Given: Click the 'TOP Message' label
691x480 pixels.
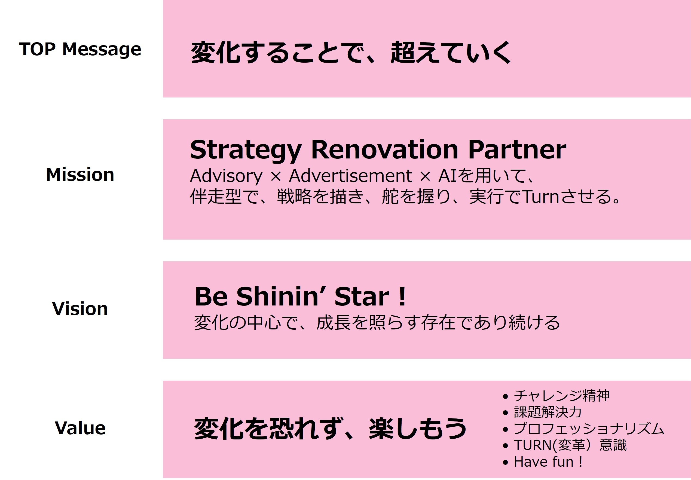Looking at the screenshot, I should pos(80,49).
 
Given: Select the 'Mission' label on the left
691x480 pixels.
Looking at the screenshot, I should pos(80,175).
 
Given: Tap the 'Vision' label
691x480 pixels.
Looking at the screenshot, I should pos(80,308).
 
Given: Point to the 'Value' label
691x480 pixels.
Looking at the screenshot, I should pos(80,428).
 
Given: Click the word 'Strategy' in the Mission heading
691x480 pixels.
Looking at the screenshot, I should pos(245,150).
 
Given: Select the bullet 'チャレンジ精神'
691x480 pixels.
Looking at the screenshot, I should pos(561,396).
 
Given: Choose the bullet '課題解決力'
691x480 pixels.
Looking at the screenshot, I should pos(548,412).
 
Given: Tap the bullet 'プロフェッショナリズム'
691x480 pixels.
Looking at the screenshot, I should pos(589,429).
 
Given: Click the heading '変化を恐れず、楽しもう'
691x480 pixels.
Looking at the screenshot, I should pos(330,429).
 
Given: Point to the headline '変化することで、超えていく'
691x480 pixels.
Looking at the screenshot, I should pos(351,53).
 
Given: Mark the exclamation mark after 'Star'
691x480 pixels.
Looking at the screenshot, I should pos(402,296).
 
